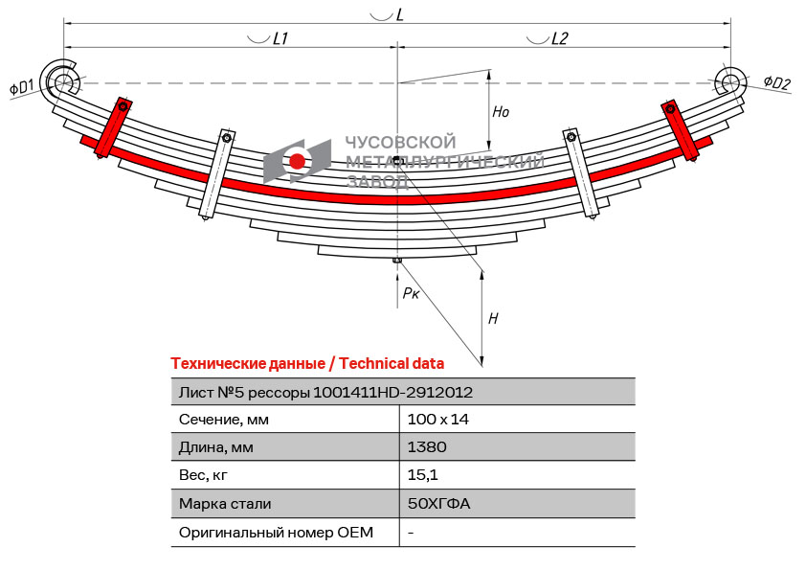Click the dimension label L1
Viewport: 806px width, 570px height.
click(280, 38)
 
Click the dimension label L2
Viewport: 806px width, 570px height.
click(559, 38)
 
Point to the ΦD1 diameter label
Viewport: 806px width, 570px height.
click(22, 88)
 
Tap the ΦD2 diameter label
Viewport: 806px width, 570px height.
click(776, 83)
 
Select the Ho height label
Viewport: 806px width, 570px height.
click(501, 112)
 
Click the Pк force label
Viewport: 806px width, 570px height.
click(410, 292)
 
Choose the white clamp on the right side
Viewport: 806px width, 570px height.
click(581, 174)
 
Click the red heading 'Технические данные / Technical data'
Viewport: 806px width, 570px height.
click(307, 363)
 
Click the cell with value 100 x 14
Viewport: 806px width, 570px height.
click(437, 419)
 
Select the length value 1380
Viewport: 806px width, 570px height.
click(427, 446)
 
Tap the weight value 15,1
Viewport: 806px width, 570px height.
click(423, 474)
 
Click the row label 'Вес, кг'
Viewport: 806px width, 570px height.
click(204, 474)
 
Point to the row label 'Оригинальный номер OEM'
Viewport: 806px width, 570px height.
click(276, 532)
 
